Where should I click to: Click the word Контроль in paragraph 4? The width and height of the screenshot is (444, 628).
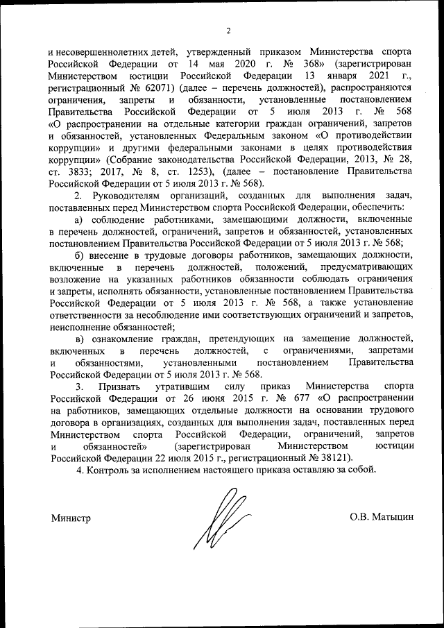point(108,470)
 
